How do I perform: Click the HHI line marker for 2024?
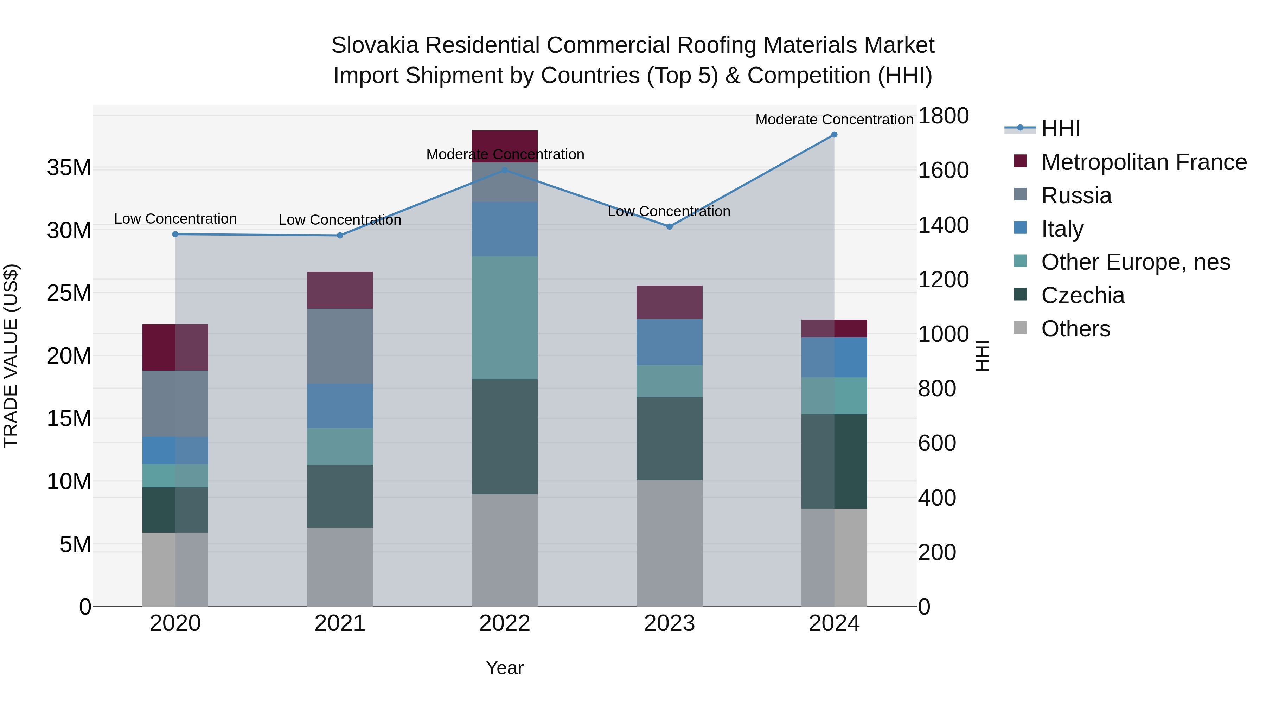[x=834, y=135]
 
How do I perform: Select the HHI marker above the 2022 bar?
[x=505, y=170]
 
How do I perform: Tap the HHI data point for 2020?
[x=175, y=235]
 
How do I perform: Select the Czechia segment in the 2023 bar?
[x=669, y=438]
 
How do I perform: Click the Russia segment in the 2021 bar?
[x=340, y=346]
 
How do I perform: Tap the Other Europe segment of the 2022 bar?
[x=505, y=317]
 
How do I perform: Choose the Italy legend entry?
[x=1062, y=229]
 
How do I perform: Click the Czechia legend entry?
[x=1083, y=295]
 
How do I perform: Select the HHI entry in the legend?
[x=1061, y=129]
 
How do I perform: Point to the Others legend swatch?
[x=1020, y=328]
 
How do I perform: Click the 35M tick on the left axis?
[x=69, y=168]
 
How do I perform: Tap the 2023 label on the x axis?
[x=669, y=623]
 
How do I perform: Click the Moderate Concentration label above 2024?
[x=834, y=120]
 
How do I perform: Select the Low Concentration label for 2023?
[x=669, y=211]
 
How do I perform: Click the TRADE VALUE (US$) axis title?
[x=11, y=356]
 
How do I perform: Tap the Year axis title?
[x=505, y=668]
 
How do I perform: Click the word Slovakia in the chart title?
[x=375, y=45]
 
